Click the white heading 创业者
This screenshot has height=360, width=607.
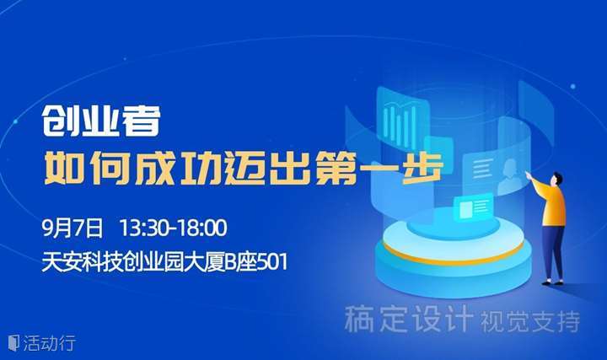101,121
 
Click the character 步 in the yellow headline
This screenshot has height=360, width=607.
423,168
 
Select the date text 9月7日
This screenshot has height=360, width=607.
73,228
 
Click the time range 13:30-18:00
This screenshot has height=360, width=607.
173,228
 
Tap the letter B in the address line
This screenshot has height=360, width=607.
231,262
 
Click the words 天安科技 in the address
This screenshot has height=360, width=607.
83,262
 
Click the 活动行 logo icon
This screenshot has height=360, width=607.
13,342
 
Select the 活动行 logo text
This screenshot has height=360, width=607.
48,343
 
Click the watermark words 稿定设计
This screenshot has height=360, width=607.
409,319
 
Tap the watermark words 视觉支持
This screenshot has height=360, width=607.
530,321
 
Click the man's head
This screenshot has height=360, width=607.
557,180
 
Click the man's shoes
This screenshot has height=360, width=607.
552,282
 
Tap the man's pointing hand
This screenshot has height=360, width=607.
528,175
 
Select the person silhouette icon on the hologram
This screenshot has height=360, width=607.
508,175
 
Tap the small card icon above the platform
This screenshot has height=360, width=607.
473,207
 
